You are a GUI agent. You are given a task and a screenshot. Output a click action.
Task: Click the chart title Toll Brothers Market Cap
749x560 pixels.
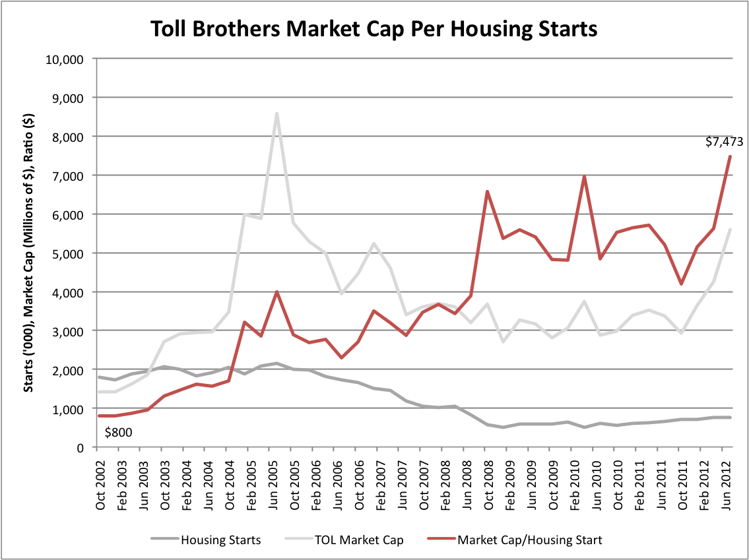click(374, 29)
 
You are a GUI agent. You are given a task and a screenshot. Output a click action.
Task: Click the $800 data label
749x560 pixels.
click(119, 433)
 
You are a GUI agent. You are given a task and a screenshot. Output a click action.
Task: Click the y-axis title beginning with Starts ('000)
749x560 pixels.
click(30, 253)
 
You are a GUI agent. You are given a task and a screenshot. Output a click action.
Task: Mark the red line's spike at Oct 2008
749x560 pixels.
click(486, 192)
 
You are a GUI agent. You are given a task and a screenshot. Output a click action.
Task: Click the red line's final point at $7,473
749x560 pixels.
click(730, 156)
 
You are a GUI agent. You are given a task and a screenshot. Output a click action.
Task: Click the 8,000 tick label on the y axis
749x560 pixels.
click(67, 137)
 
